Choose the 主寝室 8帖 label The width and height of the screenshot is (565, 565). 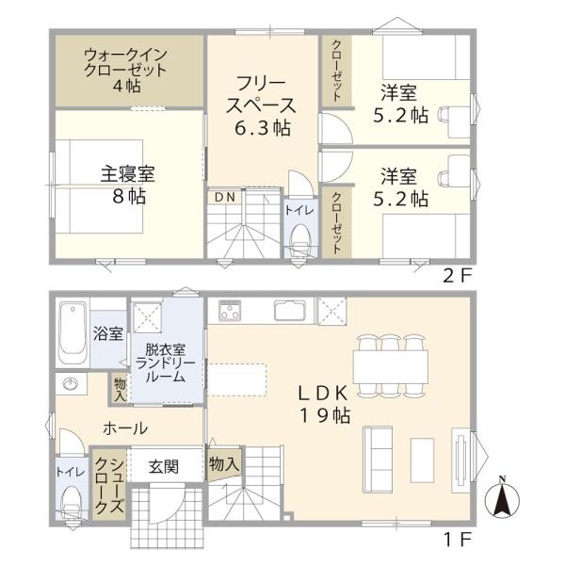pyautogui.click(x=128, y=185)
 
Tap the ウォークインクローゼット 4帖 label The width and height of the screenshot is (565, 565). pyautogui.click(x=126, y=71)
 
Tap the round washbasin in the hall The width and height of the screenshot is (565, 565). pyautogui.click(x=69, y=383)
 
